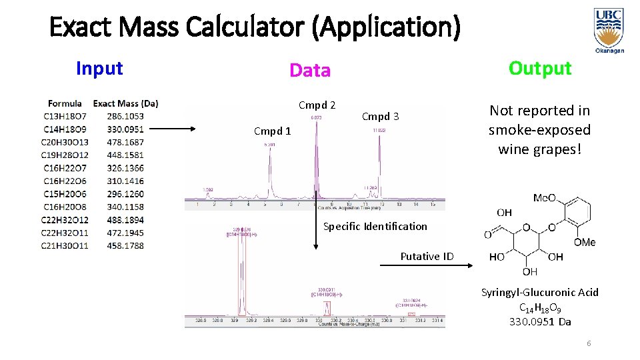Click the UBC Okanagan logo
click(609, 30)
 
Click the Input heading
click(99, 68)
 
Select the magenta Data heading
click(310, 70)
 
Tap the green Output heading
click(540, 68)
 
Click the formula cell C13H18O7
click(65, 116)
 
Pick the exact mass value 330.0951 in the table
click(125, 129)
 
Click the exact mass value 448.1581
click(125, 155)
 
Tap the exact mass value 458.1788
click(125, 246)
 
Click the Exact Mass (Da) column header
click(126, 103)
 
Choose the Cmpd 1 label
click(273, 131)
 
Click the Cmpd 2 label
click(317, 105)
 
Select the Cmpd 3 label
click(380, 117)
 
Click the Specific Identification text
click(375, 226)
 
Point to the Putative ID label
click(427, 256)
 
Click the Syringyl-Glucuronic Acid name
click(540, 292)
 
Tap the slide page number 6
click(589, 343)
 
